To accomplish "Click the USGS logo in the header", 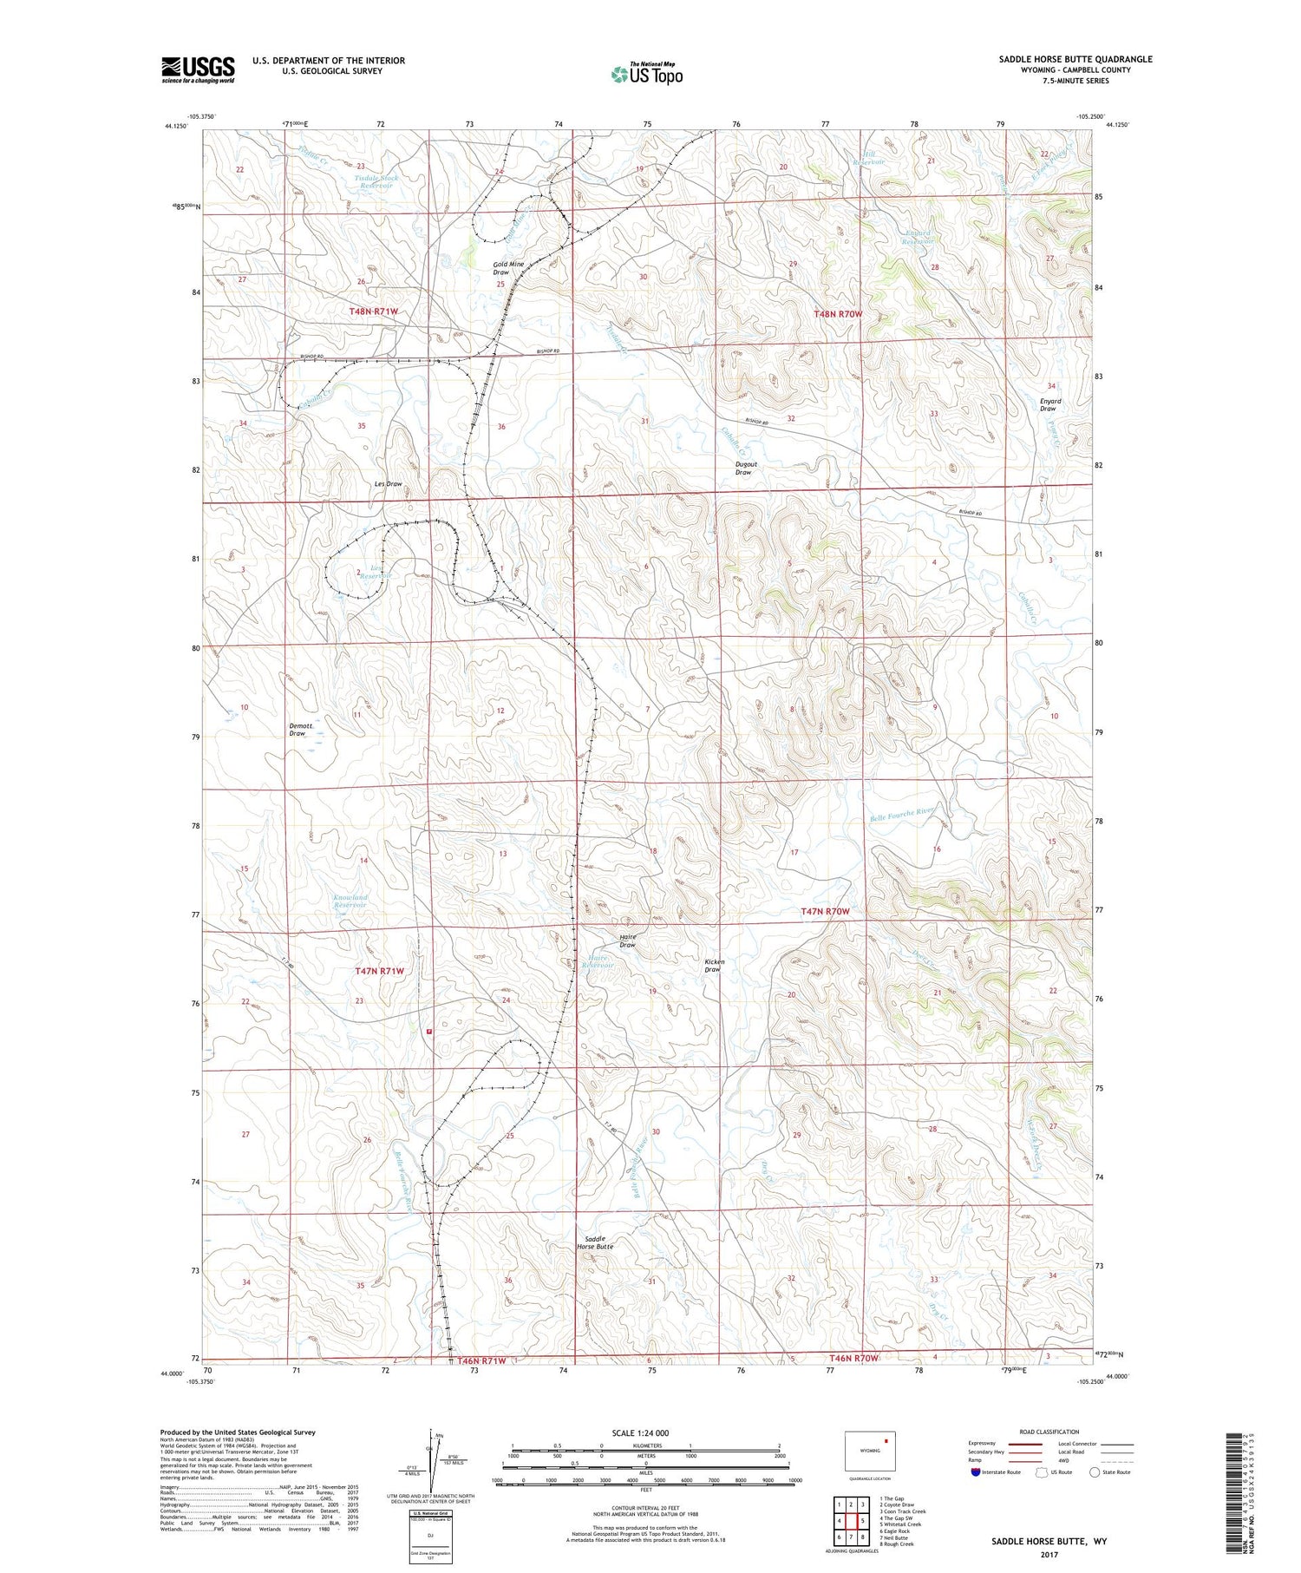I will click(x=198, y=69).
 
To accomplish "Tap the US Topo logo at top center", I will click(x=646, y=74).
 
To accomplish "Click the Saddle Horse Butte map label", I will click(x=595, y=1242).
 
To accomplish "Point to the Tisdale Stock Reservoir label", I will click(x=376, y=181).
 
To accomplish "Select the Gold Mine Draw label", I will click(x=509, y=267).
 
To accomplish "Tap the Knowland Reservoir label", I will click(x=350, y=901).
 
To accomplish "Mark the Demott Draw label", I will click(x=297, y=729).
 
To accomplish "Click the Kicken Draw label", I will click(x=714, y=965).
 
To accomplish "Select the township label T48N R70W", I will click(x=838, y=313).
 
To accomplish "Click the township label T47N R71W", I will click(x=379, y=971).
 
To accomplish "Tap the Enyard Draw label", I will click(x=1050, y=404).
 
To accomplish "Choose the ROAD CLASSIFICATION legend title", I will click(x=1049, y=1432).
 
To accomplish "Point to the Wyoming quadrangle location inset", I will click(x=870, y=1451).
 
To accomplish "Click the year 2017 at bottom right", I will click(x=1049, y=1554).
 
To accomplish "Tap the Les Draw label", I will click(x=388, y=483).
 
